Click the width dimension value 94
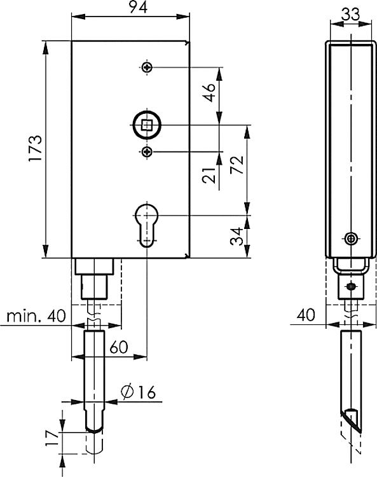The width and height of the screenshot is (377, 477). pyautogui.click(x=131, y=7)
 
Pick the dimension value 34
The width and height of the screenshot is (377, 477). pyautogui.click(x=236, y=237)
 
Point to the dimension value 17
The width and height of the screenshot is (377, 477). pyautogui.click(x=53, y=437)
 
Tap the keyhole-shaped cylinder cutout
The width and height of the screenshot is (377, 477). pyautogui.click(x=147, y=224)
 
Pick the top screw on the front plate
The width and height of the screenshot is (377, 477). pyautogui.click(x=147, y=67)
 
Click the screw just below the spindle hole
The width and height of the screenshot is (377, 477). pyautogui.click(x=147, y=151)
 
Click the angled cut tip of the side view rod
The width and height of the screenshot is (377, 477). pyautogui.click(x=352, y=420)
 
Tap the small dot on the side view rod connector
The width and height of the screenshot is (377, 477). pyautogui.click(x=350, y=287)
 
